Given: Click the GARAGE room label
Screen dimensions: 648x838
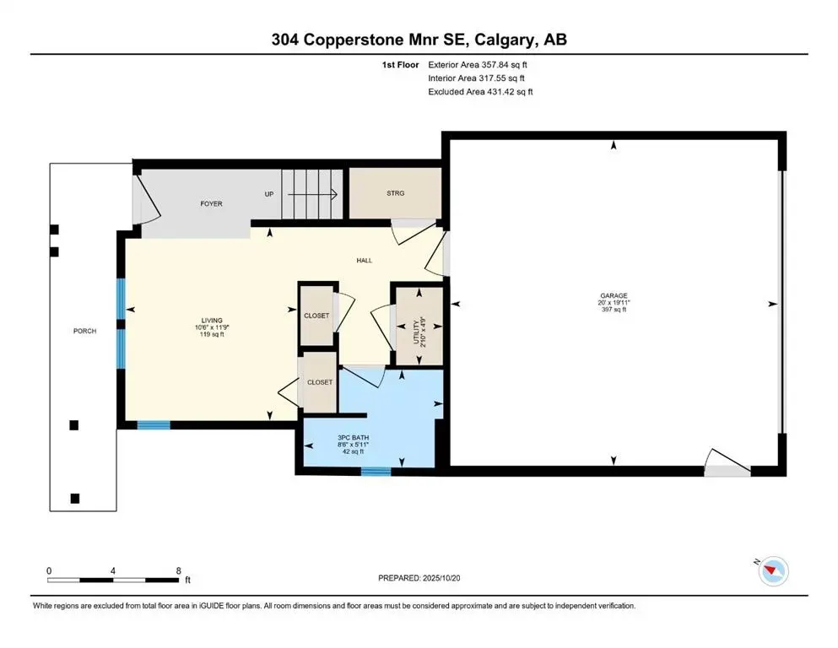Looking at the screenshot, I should pos(614,295).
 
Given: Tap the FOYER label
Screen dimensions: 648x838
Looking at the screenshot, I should pos(211,204).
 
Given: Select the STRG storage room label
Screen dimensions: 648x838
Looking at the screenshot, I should pos(395,193).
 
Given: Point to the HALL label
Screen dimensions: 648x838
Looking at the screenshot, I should pos(364,261).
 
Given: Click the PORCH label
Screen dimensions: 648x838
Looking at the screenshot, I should pos(84,331).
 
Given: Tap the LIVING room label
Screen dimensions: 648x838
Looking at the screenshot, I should pos(211,321).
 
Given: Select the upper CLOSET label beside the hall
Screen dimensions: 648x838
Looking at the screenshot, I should pos(316,316).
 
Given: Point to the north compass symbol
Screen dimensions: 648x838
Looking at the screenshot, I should pos(772,571).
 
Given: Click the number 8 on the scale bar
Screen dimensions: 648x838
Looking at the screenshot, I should pos(178,570).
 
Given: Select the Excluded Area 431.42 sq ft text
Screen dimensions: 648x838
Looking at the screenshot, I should pos(480,91).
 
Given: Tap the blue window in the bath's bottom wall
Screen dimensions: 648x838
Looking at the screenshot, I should pos(376,471).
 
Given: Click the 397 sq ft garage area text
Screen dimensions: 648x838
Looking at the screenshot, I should pos(614,310).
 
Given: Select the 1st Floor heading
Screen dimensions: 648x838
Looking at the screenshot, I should pos(400,64).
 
